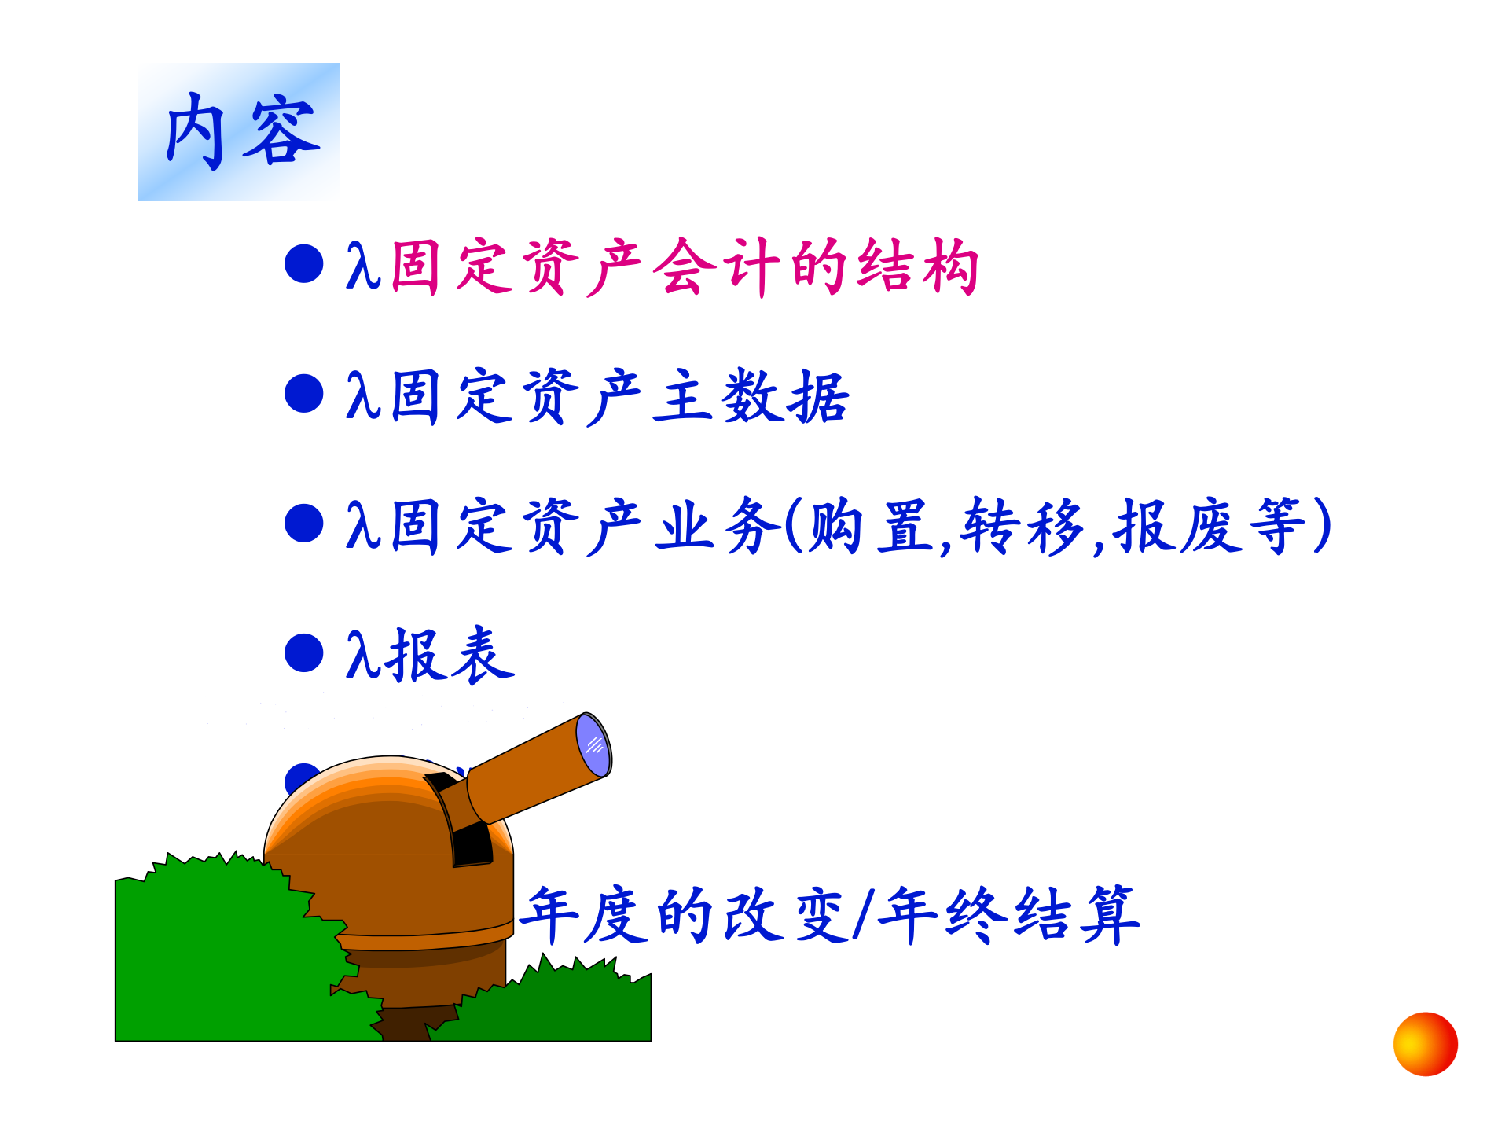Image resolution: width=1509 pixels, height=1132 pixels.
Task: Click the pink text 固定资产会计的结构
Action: pyautogui.click(x=684, y=267)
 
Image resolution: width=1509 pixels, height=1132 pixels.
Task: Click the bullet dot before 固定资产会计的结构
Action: pyautogui.click(x=304, y=263)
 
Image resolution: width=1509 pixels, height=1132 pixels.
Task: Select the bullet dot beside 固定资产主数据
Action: pyautogui.click(x=304, y=393)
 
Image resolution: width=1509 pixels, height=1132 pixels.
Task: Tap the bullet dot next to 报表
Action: pyautogui.click(x=304, y=653)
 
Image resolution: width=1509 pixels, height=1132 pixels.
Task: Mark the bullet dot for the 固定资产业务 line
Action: pyautogui.click(x=304, y=524)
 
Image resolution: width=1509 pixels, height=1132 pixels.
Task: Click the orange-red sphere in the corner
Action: pyautogui.click(x=1425, y=1044)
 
